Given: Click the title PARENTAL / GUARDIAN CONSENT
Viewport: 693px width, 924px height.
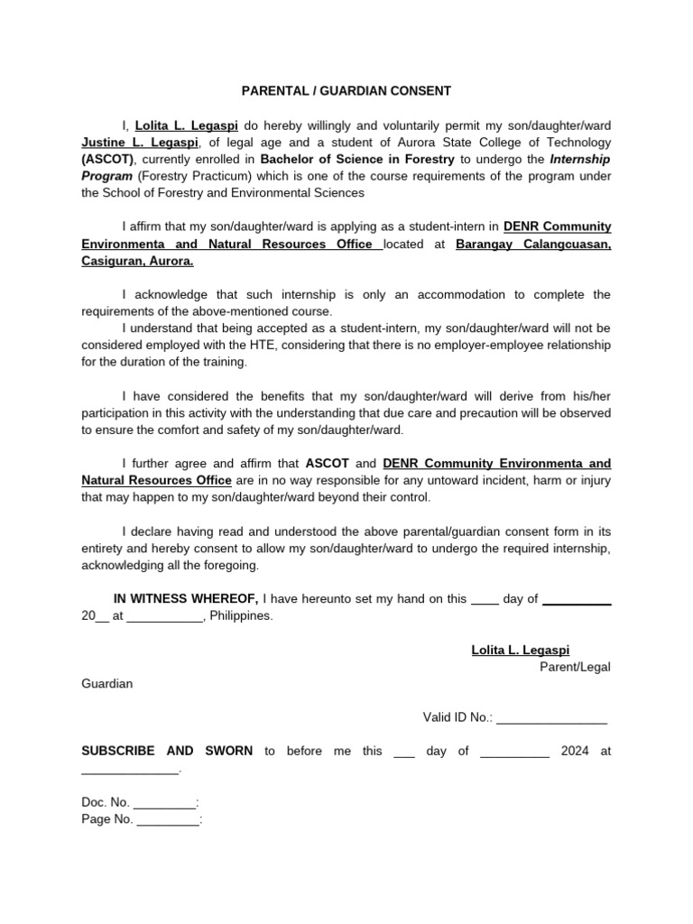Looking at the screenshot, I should coord(346,91).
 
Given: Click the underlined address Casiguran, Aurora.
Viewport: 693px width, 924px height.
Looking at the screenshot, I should coord(137,261).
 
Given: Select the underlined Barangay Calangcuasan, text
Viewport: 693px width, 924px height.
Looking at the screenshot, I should coord(533,244).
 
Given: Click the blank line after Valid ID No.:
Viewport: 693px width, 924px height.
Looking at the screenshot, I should coord(551,717).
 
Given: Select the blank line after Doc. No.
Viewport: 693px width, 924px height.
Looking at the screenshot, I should coord(164,802).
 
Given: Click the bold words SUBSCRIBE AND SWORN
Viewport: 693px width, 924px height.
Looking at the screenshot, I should coord(167,751).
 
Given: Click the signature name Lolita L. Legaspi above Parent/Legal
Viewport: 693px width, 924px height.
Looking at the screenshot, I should coord(521,650).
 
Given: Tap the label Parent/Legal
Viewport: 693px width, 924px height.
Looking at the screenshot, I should coord(575,667).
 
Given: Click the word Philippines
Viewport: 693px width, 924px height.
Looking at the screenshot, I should coord(240,616).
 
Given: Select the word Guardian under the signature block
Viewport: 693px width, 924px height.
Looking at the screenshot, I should coord(107,683).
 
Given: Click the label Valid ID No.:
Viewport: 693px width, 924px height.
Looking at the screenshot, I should coord(457,717).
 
